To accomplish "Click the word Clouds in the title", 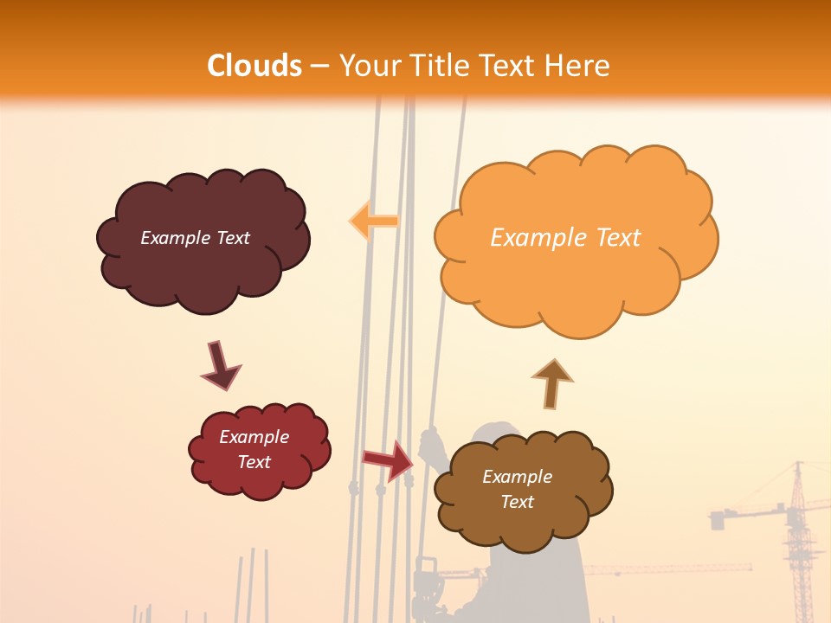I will [x=254, y=66].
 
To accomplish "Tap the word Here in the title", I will [x=578, y=66].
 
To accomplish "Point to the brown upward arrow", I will [x=551, y=383].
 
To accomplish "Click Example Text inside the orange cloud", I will [x=565, y=238].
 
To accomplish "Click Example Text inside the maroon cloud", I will [x=195, y=238].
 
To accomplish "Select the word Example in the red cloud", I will [x=254, y=437].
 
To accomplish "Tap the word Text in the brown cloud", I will [x=517, y=502].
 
